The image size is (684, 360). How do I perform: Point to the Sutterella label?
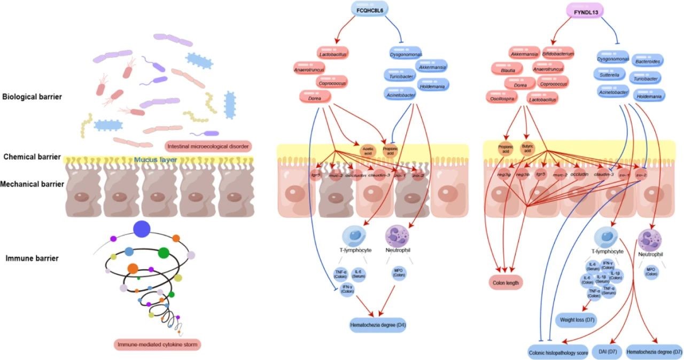[609, 75]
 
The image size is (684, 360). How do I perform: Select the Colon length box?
[507, 281]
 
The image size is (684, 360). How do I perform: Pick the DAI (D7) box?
[605, 352]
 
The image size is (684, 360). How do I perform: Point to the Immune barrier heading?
[32, 259]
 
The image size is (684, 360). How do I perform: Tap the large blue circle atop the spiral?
[142, 230]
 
